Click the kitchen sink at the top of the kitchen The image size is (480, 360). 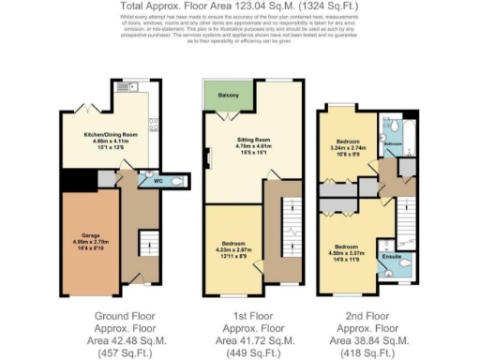tap(128, 83)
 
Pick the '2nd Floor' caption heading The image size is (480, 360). tap(366, 316)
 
